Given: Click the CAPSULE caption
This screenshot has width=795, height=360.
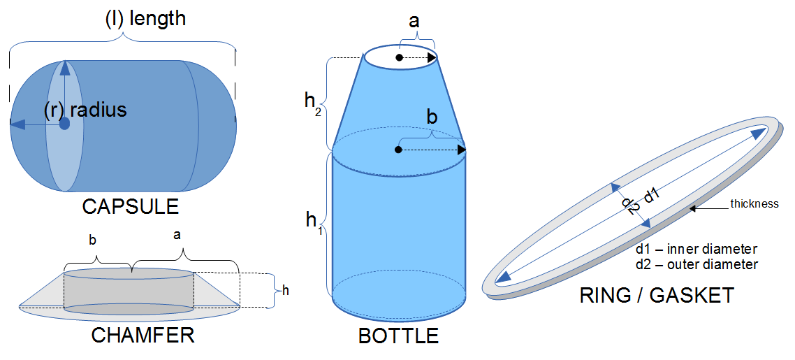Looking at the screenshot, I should point(130,207).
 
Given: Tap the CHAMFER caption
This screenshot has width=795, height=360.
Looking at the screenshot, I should point(143,336).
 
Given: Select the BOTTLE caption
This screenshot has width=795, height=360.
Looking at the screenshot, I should point(398,336).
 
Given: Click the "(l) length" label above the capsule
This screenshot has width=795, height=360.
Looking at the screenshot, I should point(145,17).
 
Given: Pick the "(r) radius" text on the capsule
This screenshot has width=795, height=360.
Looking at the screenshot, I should point(85,110).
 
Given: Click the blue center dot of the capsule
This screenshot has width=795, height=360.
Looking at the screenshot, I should point(64,124).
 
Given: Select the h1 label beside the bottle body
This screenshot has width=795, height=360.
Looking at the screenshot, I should point(314,222).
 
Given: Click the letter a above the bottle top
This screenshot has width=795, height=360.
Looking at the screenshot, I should point(414,21).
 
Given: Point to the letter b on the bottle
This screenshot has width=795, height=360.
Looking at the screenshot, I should point(432,117).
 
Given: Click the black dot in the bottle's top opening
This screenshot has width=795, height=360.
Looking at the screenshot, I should point(399,57).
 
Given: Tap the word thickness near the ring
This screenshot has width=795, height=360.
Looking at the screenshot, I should point(754,204).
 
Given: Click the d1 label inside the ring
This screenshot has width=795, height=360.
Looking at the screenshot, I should point(652,196).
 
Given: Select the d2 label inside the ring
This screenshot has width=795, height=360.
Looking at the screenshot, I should point(630,205).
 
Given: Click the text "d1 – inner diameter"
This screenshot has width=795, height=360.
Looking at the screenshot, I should point(696,250).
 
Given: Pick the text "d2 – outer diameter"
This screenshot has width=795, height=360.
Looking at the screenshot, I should point(696,264).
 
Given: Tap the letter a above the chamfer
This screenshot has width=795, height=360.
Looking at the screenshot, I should point(177,236).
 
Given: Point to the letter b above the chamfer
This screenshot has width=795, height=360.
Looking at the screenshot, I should point(93,240).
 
